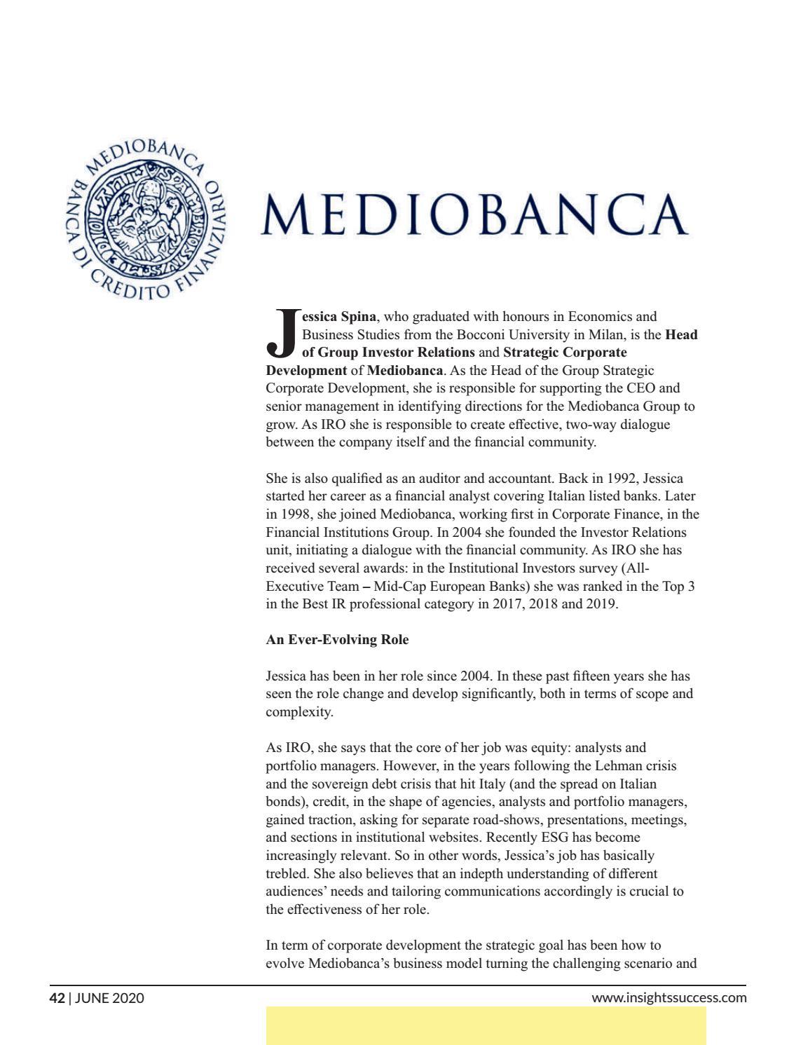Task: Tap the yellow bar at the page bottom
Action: [486, 1025]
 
